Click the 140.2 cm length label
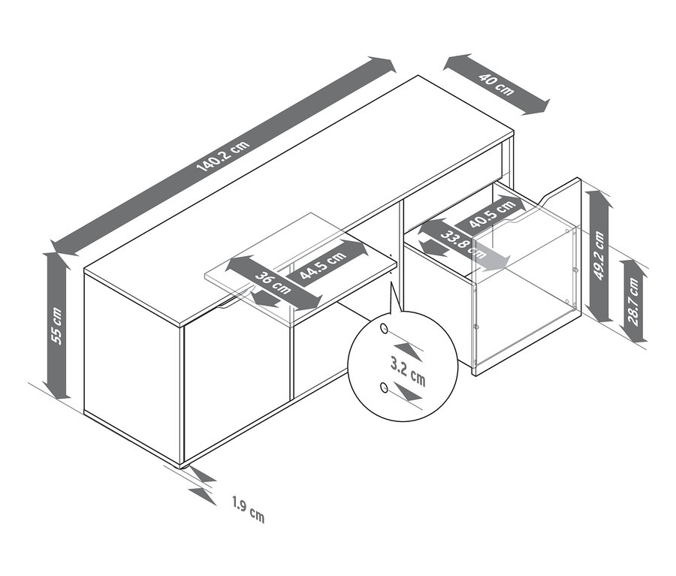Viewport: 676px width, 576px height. tap(223, 155)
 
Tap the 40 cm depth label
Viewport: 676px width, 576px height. tap(496, 85)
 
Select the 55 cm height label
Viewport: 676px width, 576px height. tap(56, 325)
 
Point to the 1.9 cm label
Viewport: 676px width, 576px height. tap(248, 509)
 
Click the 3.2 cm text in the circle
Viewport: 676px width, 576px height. tap(408, 372)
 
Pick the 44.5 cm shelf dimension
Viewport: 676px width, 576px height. tap(323, 265)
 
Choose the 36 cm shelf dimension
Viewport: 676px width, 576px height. tap(273, 282)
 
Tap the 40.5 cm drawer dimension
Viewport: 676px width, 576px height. tap(492, 214)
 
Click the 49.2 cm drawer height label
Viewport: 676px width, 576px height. tap(599, 255)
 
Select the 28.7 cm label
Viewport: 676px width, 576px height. tap(633, 301)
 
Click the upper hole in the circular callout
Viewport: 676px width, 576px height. tap(383, 329)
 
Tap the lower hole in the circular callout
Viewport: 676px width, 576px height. tap(383, 388)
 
